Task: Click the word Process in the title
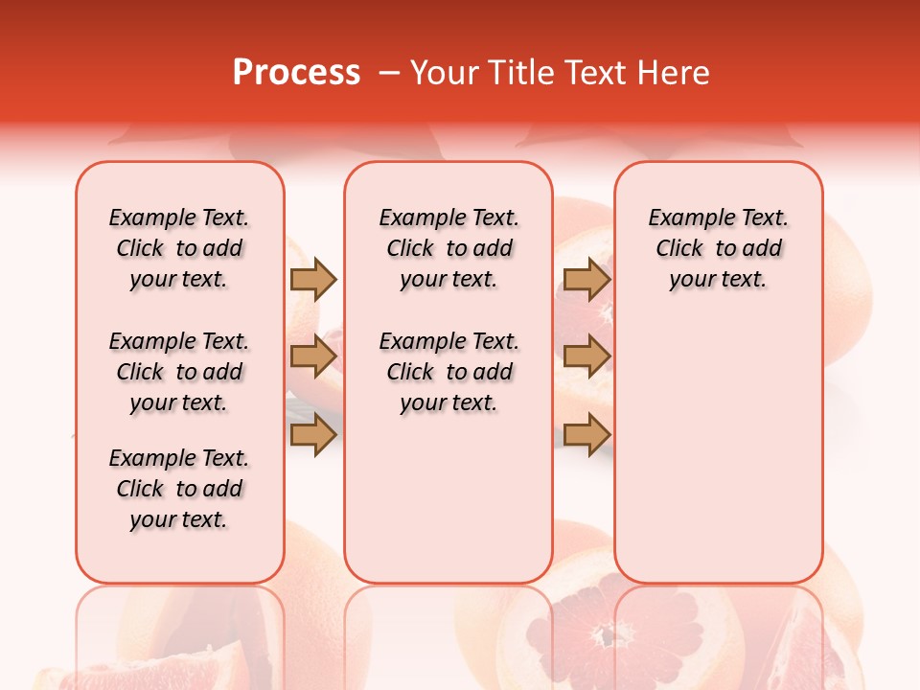pyautogui.click(x=296, y=73)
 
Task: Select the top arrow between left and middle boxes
pyautogui.click(x=313, y=280)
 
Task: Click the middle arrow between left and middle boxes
pyautogui.click(x=313, y=356)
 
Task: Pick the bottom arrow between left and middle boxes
pyautogui.click(x=313, y=435)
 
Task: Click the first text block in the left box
pyautogui.click(x=179, y=248)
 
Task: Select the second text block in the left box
pyautogui.click(x=179, y=372)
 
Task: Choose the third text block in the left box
pyautogui.click(x=179, y=489)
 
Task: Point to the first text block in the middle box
pyautogui.click(x=448, y=248)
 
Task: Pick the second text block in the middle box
pyautogui.click(x=448, y=372)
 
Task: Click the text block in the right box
pyautogui.click(x=718, y=248)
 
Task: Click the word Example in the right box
pyautogui.click(x=684, y=218)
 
